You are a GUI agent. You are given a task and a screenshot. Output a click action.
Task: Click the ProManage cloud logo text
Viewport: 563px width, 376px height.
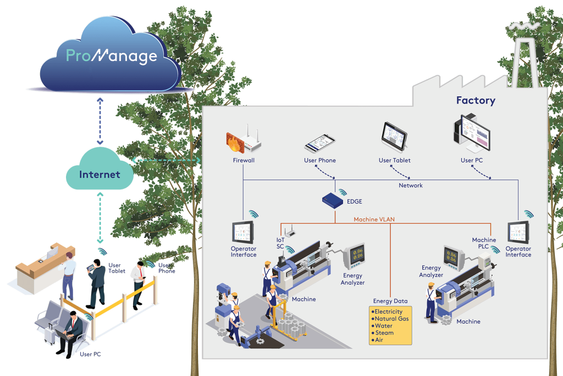[111, 55]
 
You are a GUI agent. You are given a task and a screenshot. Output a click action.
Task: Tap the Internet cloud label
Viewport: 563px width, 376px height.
[100, 175]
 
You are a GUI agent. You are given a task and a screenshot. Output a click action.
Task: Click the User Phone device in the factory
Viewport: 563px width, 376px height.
[319, 143]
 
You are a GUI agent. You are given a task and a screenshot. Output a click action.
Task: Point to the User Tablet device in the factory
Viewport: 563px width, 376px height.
[394, 137]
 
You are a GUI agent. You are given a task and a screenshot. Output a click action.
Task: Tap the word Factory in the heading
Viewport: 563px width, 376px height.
[476, 100]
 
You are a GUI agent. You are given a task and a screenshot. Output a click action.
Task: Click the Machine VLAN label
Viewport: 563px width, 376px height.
[374, 219]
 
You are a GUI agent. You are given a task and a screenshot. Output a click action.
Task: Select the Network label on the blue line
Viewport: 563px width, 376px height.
[411, 186]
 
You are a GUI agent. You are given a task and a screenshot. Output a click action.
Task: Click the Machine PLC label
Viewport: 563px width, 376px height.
[484, 243]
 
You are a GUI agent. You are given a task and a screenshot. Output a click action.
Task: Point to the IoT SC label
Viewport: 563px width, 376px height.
[280, 243]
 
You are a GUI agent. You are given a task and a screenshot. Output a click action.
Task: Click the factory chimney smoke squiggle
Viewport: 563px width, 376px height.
[523, 26]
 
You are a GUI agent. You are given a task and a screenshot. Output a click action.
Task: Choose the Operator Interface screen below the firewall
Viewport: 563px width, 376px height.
[242, 232]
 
